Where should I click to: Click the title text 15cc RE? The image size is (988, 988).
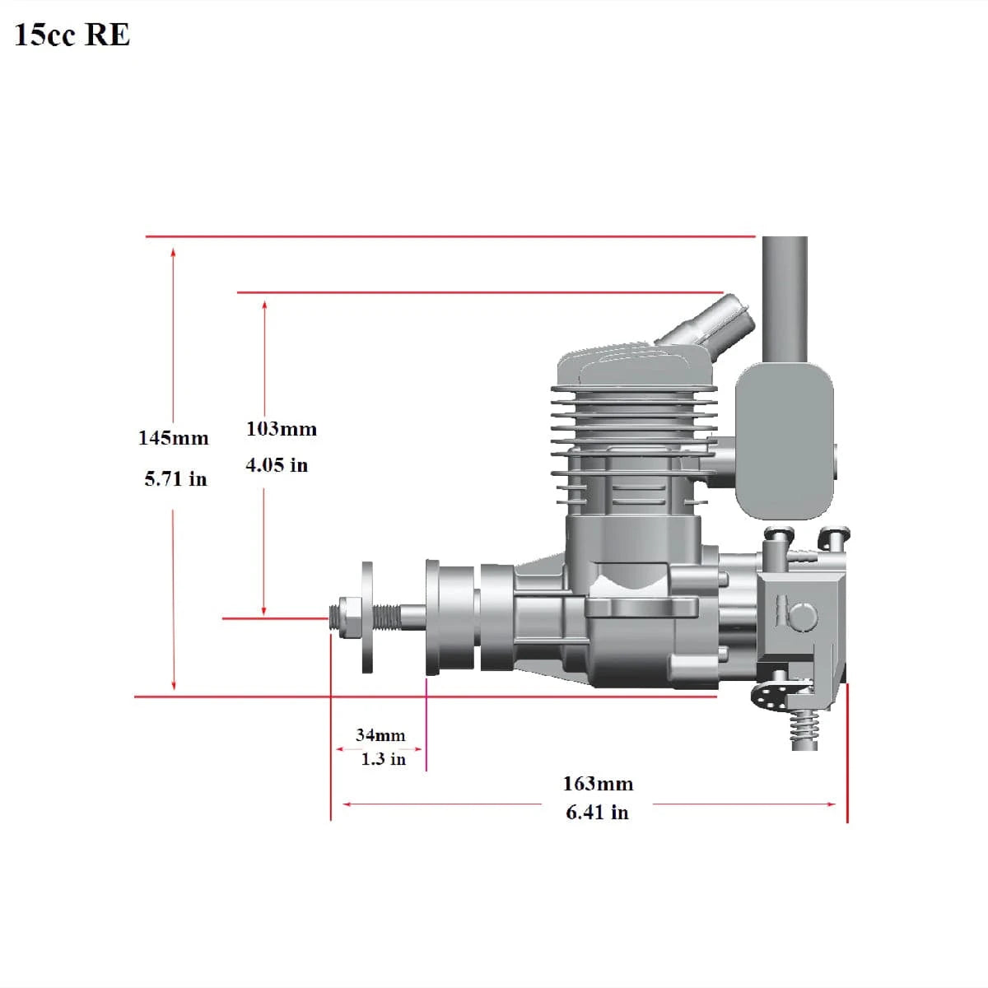tap(72, 35)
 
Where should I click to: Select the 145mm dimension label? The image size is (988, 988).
tap(173, 438)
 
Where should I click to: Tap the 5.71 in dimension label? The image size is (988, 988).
tap(175, 479)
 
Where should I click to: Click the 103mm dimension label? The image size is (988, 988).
tap(282, 429)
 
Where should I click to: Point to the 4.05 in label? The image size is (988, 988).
tap(277, 465)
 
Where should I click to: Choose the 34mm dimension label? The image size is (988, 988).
tap(380, 734)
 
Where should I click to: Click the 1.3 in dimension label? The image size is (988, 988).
tap(384, 759)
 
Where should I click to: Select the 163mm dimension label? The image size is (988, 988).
tap(598, 784)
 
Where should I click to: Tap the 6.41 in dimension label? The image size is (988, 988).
tap(597, 812)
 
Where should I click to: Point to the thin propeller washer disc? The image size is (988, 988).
tap(367, 617)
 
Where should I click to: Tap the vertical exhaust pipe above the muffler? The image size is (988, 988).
tap(785, 300)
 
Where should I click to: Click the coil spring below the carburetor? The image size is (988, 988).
tap(804, 731)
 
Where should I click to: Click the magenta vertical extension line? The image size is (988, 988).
tap(426, 725)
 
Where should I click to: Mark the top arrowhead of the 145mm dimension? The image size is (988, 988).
tap(173, 252)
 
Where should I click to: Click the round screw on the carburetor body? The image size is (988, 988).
tap(803, 616)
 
